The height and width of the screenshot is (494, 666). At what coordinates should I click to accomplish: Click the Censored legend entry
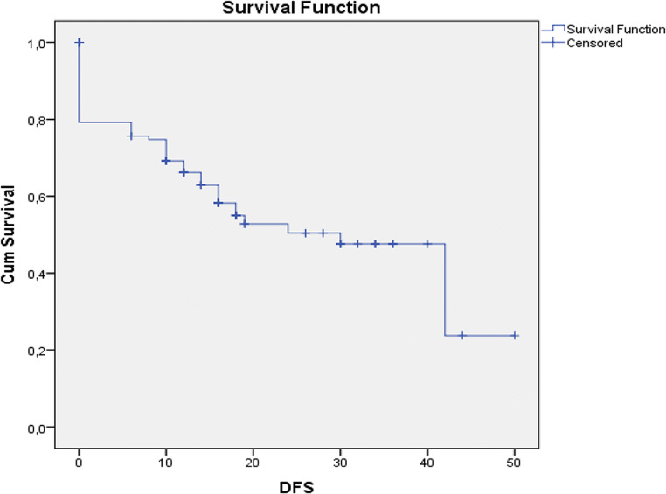pos(594,43)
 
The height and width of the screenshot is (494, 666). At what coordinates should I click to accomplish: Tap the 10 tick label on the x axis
pos(166,463)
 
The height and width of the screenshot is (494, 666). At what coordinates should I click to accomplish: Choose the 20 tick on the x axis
pos(253,463)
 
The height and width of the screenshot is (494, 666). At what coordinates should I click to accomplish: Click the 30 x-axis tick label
pos(340,463)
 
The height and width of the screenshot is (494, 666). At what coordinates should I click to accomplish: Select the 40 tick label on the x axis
pos(427,463)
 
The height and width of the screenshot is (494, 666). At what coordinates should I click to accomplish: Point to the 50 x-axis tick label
pos(515,463)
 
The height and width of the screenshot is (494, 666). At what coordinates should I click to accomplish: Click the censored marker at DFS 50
pos(515,336)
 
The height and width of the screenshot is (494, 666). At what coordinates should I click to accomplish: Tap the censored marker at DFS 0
pos(79,42)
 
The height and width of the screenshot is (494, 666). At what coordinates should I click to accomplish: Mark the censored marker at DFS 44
pos(462,336)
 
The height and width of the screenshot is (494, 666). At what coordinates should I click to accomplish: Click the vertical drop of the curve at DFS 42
pos(445,289)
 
